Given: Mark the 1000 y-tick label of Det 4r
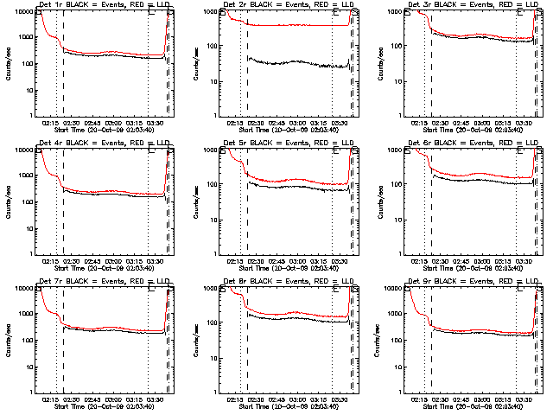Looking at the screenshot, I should coord(25,184).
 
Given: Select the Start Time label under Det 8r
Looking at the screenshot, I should coord(286,406).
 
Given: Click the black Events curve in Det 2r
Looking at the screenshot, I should coord(294,62).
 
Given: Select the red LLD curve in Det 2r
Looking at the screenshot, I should coord(294,25).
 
